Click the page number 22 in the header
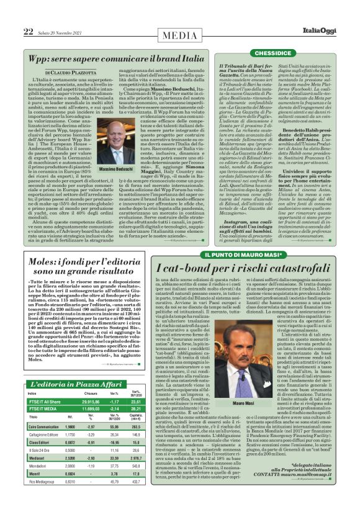point(28,32)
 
